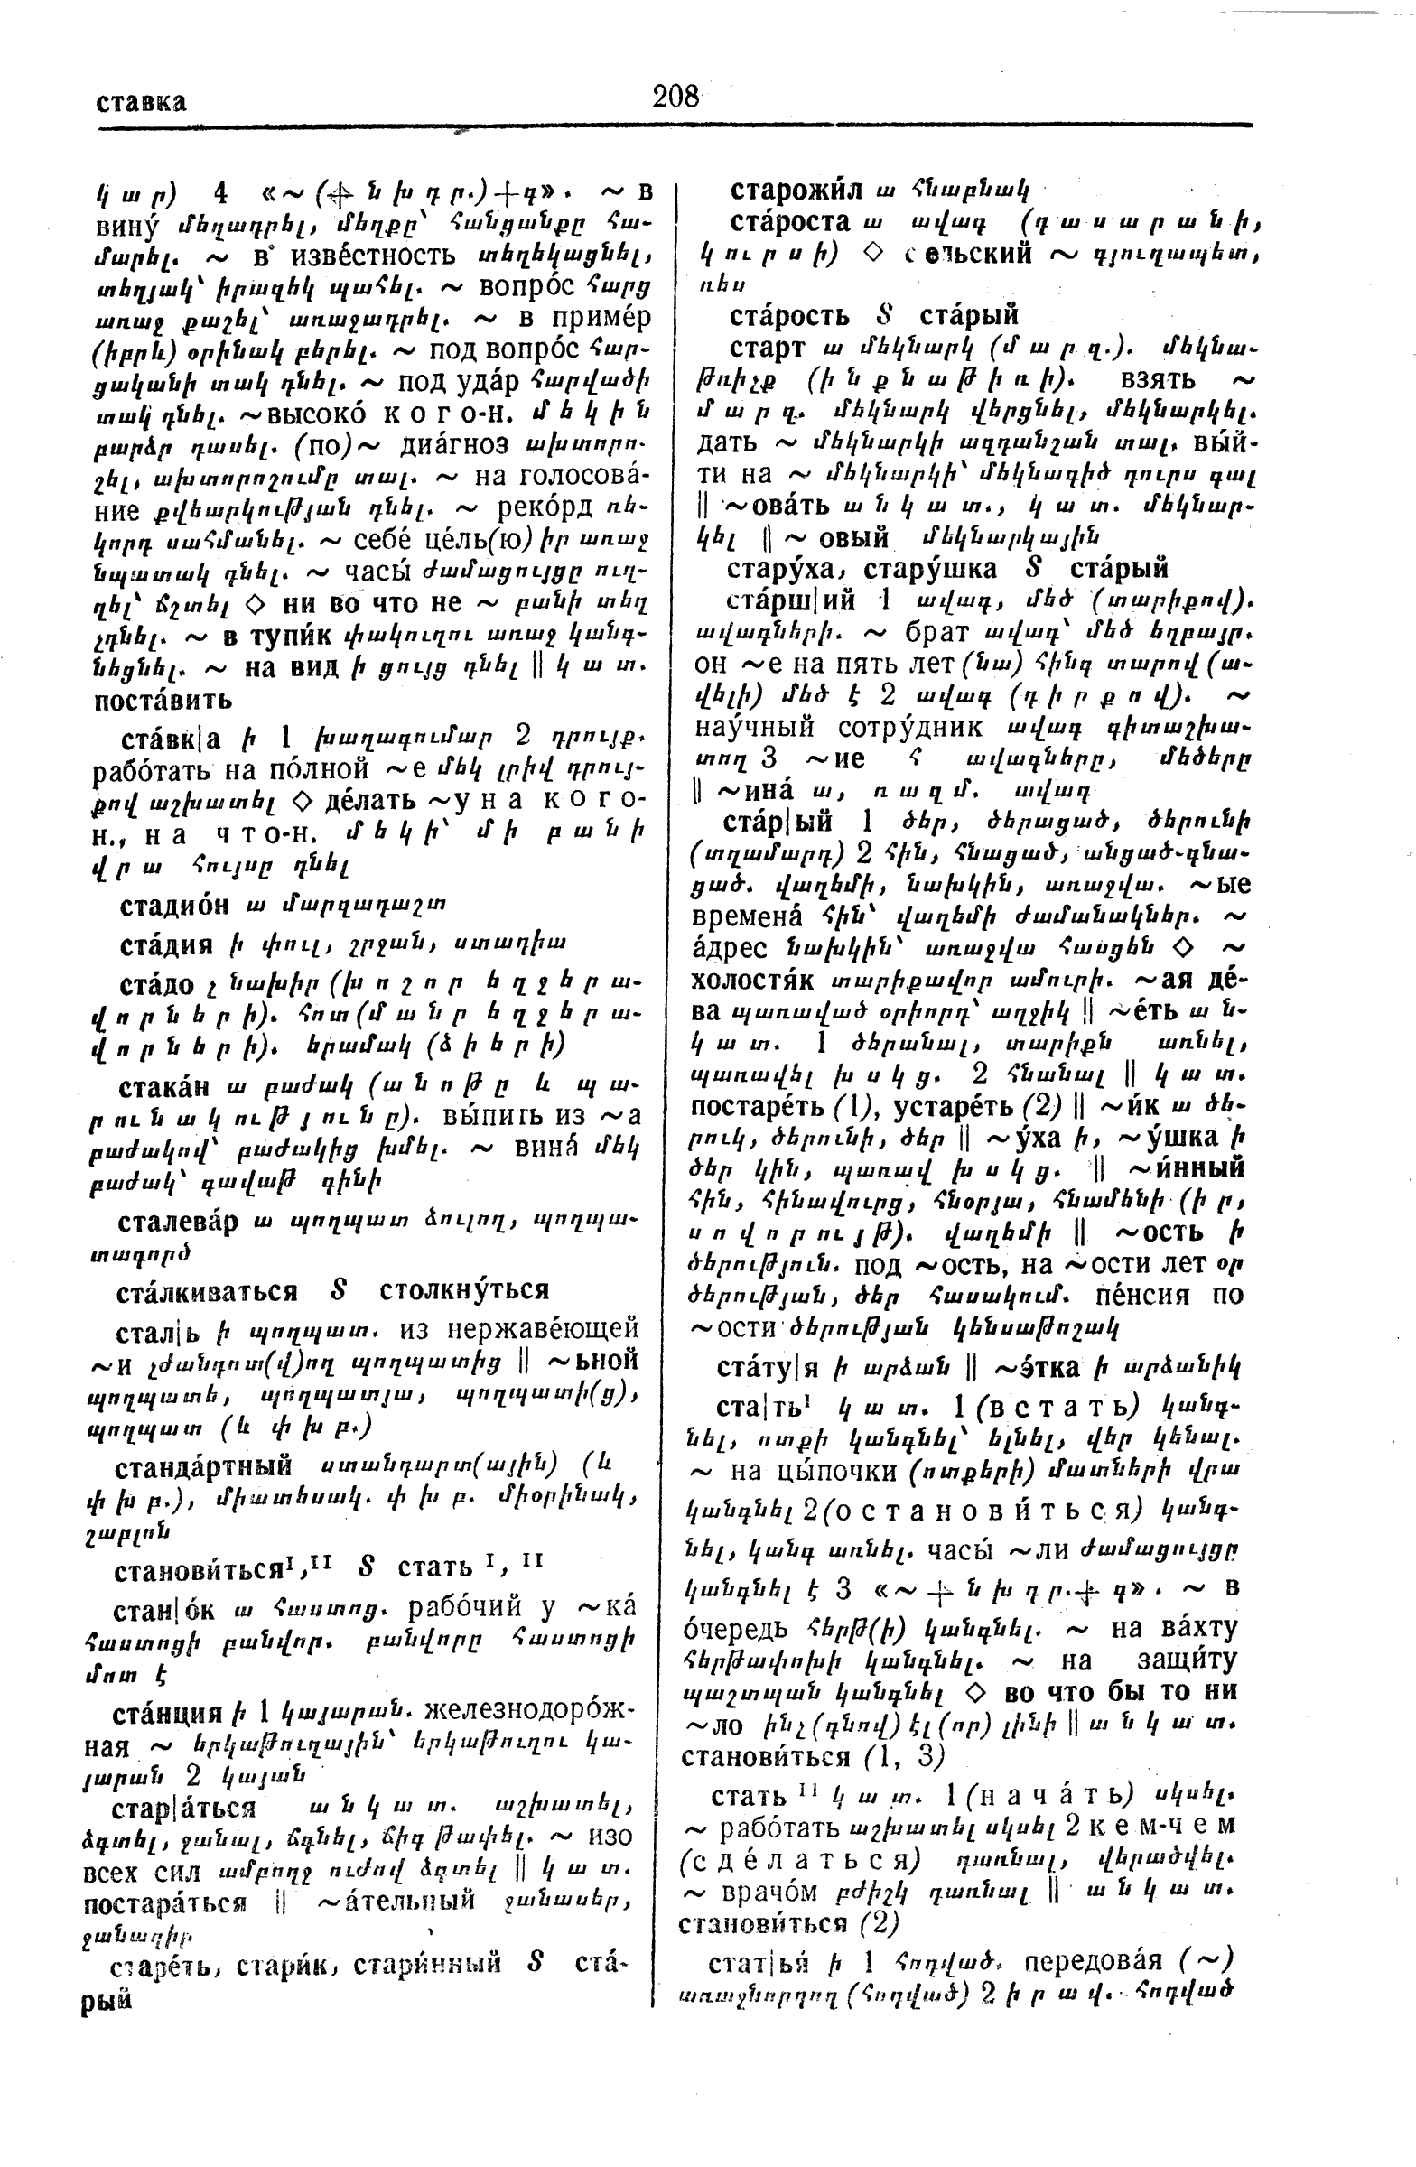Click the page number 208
pyautogui.click(x=675, y=96)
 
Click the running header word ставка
pyautogui.click(x=141, y=101)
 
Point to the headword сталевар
pyautogui.click(x=178, y=1222)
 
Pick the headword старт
pyautogui.click(x=768, y=348)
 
